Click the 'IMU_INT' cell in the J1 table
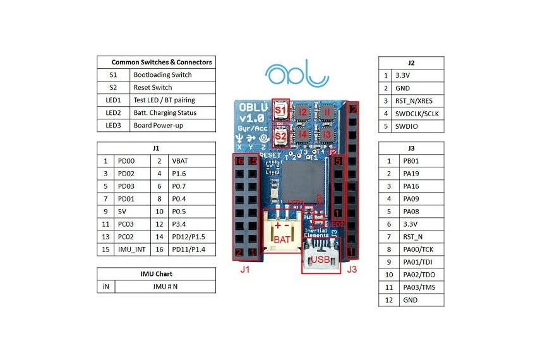click(x=131, y=249)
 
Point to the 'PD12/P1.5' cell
click(x=192, y=237)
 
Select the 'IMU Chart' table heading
click(x=156, y=274)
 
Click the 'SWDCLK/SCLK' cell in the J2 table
click(x=417, y=114)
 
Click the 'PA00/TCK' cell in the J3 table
click(x=417, y=249)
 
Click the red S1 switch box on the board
click(x=280, y=110)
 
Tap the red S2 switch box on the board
click(x=280, y=135)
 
